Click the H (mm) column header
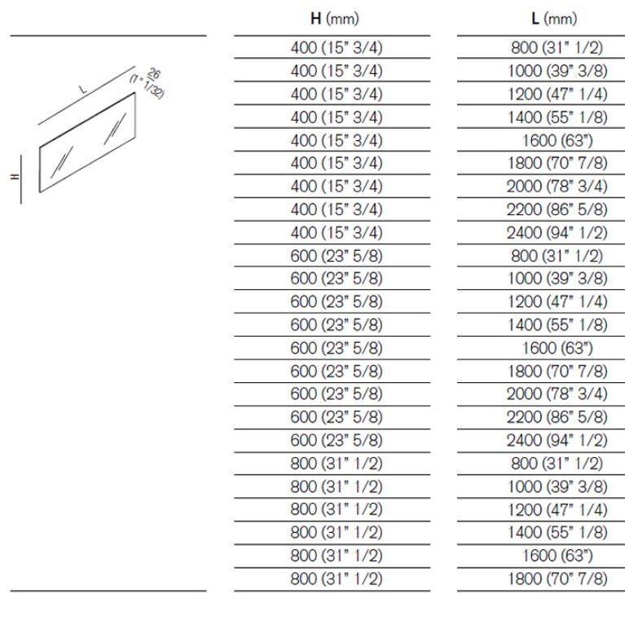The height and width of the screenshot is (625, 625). pyautogui.click(x=334, y=19)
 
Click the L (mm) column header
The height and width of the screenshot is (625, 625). pyautogui.click(x=554, y=19)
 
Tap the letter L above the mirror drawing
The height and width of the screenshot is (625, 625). pyautogui.click(x=82, y=90)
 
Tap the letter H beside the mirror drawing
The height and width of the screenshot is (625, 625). pyautogui.click(x=15, y=176)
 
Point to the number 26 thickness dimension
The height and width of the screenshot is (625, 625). pyautogui.click(x=154, y=73)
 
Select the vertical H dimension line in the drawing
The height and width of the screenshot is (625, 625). pyautogui.click(x=21, y=179)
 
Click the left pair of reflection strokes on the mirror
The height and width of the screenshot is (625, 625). pyautogui.click(x=62, y=162)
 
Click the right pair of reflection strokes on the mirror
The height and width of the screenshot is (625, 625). pyautogui.click(x=115, y=129)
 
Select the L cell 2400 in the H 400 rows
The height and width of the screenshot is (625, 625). pyautogui.click(x=557, y=233)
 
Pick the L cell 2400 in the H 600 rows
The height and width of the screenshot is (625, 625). pyautogui.click(x=557, y=441)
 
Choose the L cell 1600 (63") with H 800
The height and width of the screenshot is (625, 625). pyautogui.click(x=557, y=556)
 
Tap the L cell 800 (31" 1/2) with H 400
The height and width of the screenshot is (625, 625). pyautogui.click(x=557, y=48)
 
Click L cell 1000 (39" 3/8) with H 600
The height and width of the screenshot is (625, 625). pyautogui.click(x=557, y=278)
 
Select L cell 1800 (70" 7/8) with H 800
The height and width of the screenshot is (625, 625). pyautogui.click(x=557, y=579)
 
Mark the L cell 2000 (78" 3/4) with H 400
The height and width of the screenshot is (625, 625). pyautogui.click(x=557, y=187)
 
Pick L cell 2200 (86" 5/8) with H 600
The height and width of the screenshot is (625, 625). pyautogui.click(x=557, y=417)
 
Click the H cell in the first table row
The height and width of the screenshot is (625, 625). pyautogui.click(x=337, y=48)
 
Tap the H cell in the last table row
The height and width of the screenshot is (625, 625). pyautogui.click(x=337, y=579)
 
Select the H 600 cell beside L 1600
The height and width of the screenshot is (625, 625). pyautogui.click(x=337, y=348)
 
